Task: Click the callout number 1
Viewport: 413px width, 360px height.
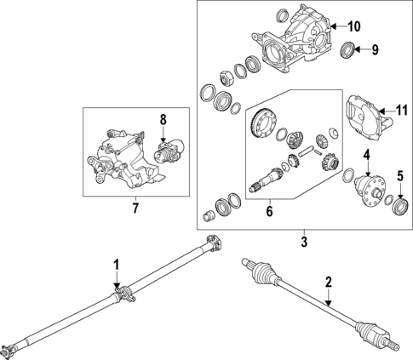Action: (x=117, y=265)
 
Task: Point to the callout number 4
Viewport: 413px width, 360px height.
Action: (x=366, y=154)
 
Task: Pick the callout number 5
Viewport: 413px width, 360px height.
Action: (x=399, y=176)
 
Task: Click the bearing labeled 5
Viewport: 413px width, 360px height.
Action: (x=399, y=205)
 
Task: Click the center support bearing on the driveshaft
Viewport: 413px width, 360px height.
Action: (x=124, y=294)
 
